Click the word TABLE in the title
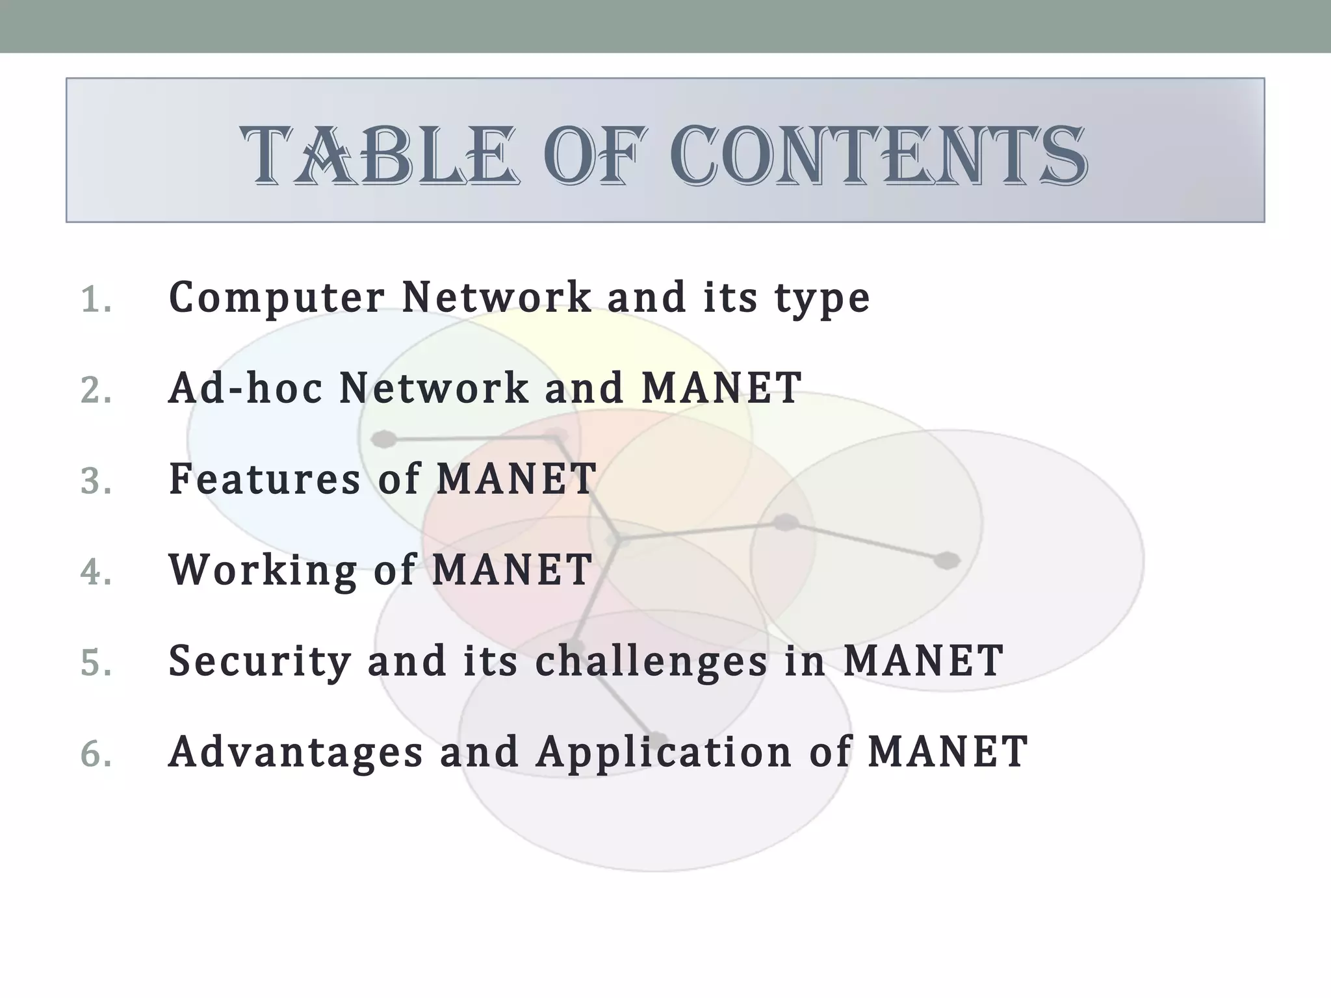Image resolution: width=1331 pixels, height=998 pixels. coord(380,156)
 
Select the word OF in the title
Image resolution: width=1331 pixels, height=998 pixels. coord(595,156)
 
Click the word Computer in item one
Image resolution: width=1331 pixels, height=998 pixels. coord(276,298)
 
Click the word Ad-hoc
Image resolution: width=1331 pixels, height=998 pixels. coord(245,388)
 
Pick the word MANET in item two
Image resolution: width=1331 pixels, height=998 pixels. coord(721,388)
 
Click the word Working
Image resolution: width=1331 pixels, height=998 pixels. coord(263,570)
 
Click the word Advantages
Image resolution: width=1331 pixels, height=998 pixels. coord(296,752)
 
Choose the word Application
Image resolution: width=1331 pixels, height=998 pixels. coord(664,752)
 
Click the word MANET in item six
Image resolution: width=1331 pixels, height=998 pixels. coord(948,752)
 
